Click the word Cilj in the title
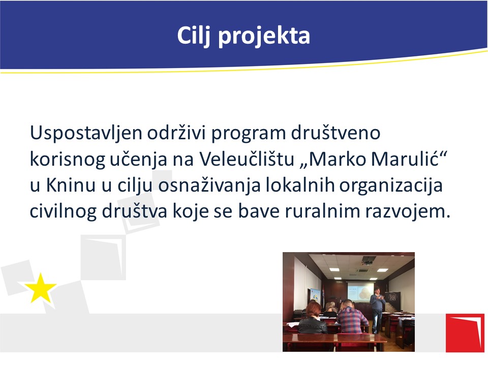coord(194,36)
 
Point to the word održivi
coord(176,132)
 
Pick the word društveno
coord(335,133)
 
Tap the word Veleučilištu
coord(247,159)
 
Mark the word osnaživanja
coord(209,186)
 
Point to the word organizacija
coord(390,186)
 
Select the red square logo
coord(465,332)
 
